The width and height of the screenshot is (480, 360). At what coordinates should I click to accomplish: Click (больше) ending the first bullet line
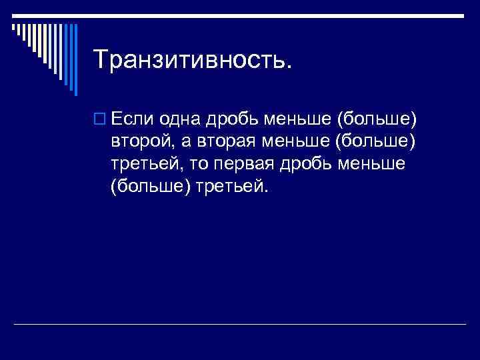coord(377,120)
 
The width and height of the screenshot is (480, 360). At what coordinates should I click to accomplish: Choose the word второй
coord(141,142)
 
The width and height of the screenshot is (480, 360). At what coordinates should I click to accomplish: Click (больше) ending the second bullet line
coord(377,142)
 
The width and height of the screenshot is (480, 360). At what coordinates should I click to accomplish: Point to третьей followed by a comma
coord(147,165)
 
